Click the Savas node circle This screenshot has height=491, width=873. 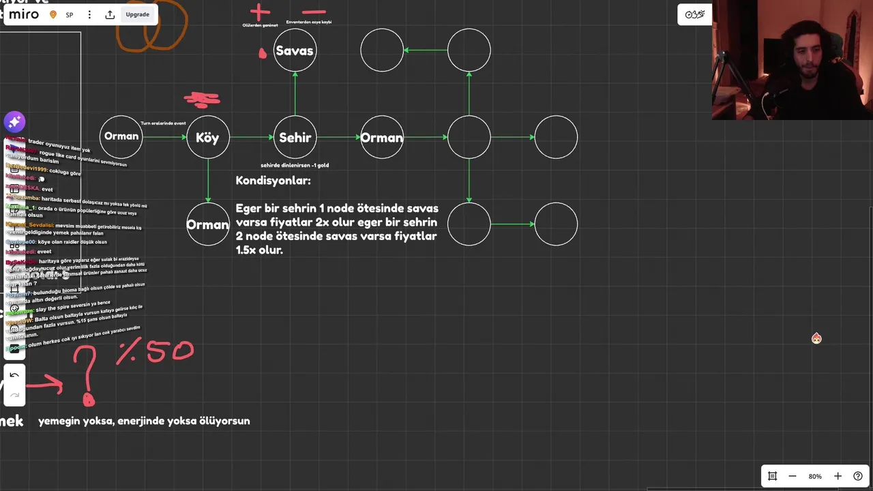point(295,50)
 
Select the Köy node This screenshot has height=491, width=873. point(207,137)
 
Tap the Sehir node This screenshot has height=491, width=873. point(295,137)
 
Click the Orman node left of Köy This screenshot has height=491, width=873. point(121,136)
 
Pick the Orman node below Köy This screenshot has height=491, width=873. point(207,224)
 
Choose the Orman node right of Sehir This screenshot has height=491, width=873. point(382,137)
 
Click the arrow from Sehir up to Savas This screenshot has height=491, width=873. point(295,93)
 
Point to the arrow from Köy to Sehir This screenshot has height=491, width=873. point(251,137)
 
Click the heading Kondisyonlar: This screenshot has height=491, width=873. point(273,181)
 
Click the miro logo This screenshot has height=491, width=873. point(23,14)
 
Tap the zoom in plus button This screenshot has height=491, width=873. point(838,476)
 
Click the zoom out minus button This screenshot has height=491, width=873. point(793,476)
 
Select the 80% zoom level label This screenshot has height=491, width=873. point(815,476)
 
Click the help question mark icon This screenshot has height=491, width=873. point(858,476)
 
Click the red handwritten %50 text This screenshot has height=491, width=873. point(156,352)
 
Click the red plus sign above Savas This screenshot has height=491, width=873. point(259,12)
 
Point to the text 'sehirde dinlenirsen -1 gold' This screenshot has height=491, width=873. point(295,165)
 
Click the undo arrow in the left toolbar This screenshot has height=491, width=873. point(14,375)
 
